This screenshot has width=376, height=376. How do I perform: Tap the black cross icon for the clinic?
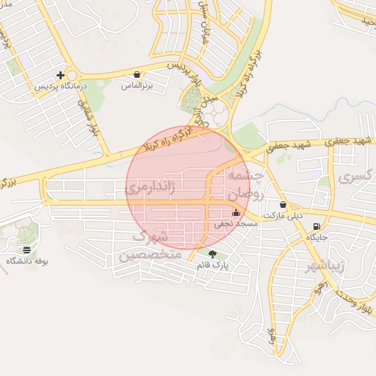(x=61, y=75)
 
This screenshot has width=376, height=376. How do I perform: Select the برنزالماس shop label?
(x=138, y=85)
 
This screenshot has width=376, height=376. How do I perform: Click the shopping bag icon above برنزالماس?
(x=138, y=74)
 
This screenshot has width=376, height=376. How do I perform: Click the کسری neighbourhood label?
(x=356, y=176)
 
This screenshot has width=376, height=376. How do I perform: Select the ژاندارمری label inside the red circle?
(x=152, y=188)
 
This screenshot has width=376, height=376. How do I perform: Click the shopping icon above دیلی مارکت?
(x=283, y=204)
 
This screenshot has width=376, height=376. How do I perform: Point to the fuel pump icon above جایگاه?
(x=316, y=227)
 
